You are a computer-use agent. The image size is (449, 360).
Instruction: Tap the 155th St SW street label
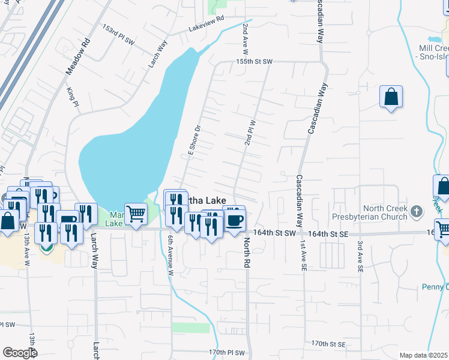coord(254,62)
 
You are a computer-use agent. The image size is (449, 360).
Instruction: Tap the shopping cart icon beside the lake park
coord(136,212)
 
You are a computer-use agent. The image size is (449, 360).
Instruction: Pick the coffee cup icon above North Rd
coord(234,218)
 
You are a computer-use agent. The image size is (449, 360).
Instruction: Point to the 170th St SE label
coord(328,344)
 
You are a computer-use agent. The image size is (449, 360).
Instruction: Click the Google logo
coord(20,353)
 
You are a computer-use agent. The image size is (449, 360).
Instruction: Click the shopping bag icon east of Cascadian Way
coord(391,97)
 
